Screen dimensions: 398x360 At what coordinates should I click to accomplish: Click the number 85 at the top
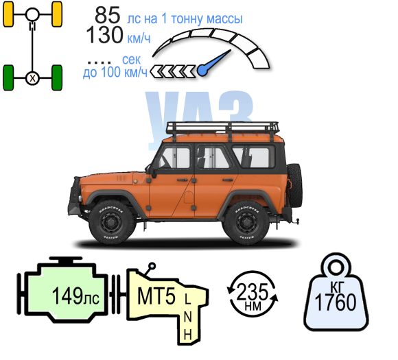coord(107,15)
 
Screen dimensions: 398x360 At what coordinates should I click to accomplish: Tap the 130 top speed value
coord(104,35)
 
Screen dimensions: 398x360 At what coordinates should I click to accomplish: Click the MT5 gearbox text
coord(156,296)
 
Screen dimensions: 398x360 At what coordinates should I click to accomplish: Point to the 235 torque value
coord(253,292)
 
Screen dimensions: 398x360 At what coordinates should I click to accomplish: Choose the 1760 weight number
coord(336,302)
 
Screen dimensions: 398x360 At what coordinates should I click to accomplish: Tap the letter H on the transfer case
coord(187,335)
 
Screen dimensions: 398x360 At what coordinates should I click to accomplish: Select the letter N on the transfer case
coord(187,316)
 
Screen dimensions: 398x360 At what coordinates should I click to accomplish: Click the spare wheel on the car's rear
coord(294,185)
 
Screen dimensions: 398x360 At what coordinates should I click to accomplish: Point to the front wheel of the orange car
coord(111,222)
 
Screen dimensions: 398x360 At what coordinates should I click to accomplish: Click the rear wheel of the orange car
coord(247,222)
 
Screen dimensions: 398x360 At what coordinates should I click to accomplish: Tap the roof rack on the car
coord(222,128)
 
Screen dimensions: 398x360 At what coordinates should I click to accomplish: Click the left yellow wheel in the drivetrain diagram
coord(8,14)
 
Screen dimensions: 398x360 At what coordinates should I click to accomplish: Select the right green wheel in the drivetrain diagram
coord(57,77)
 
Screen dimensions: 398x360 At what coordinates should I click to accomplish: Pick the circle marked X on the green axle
coord(32,78)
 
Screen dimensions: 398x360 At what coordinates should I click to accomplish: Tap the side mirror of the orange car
coord(152,171)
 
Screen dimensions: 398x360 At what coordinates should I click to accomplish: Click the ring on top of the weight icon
coord(336,266)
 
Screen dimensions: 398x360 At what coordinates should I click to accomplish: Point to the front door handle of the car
coord(182,180)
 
